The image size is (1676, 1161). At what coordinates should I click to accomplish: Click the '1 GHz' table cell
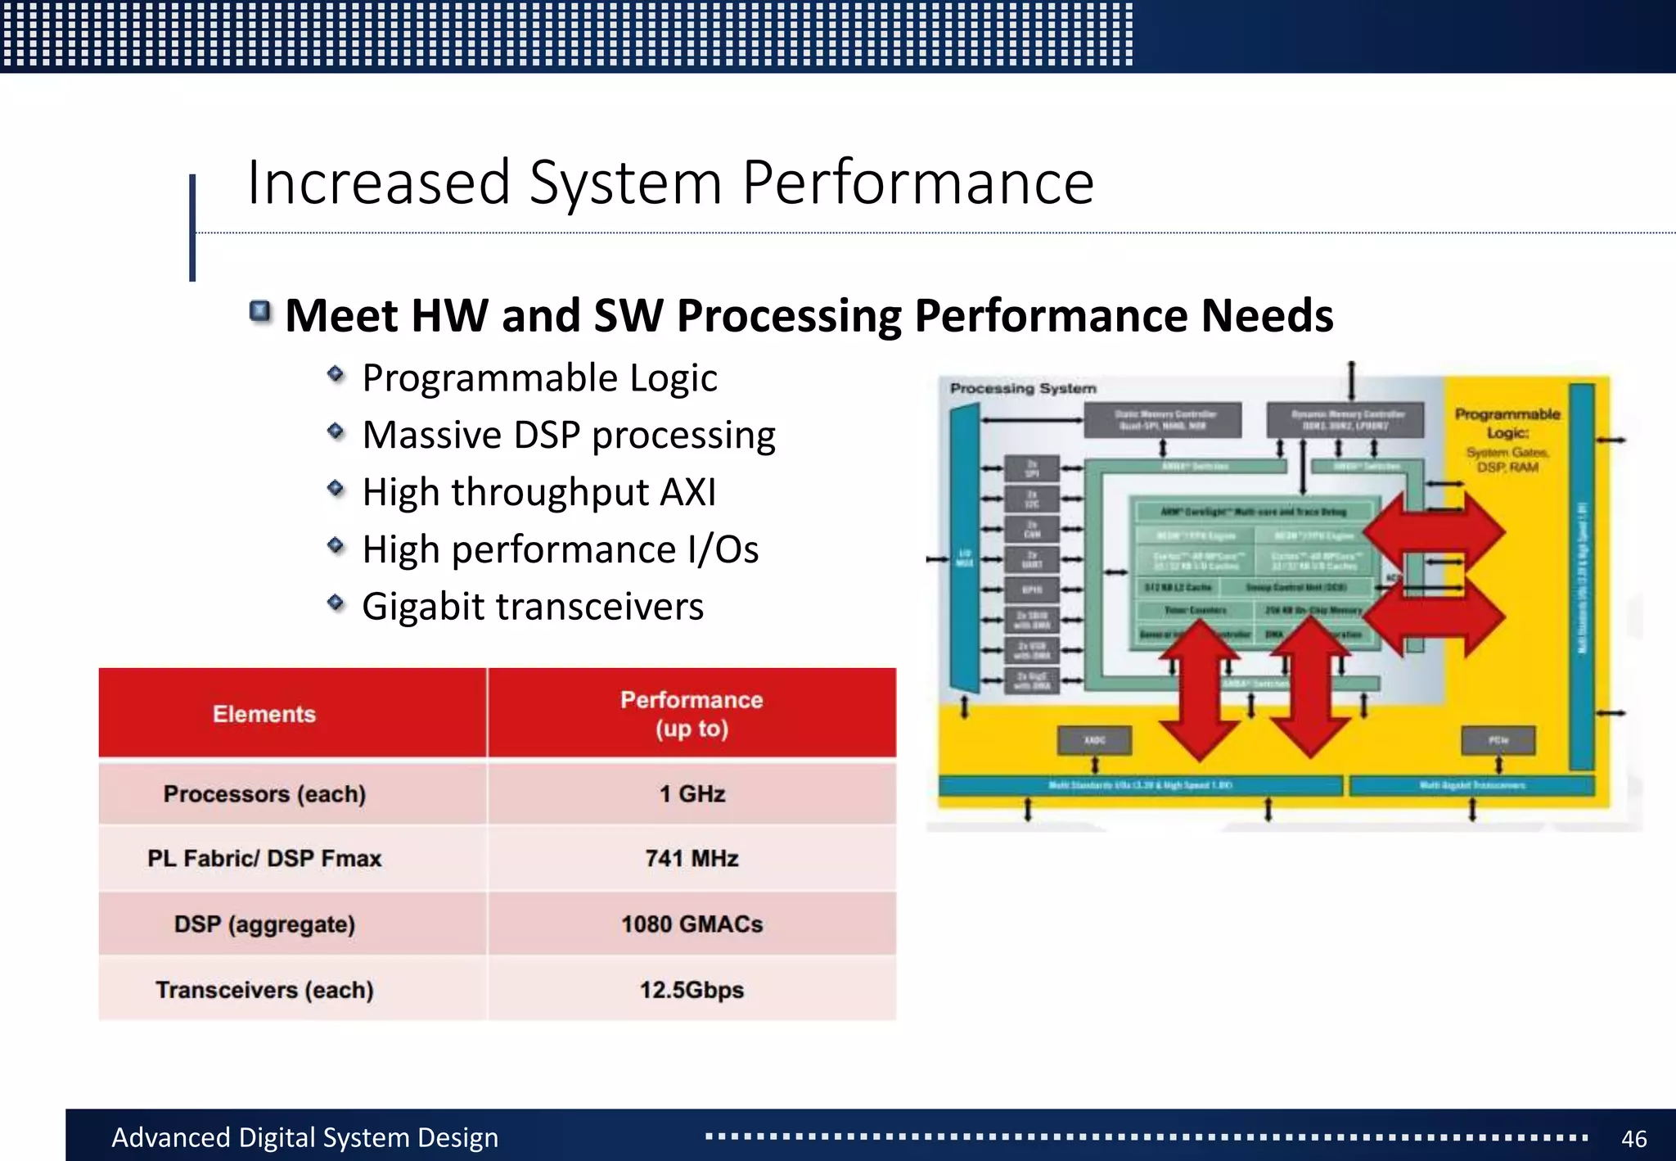tap(692, 793)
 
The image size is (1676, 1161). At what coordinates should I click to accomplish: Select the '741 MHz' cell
tap(692, 858)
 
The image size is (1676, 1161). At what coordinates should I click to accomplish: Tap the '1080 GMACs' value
tap(692, 924)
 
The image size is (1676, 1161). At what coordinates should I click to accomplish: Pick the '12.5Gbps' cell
tap(692, 989)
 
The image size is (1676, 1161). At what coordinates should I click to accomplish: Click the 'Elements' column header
tap(264, 713)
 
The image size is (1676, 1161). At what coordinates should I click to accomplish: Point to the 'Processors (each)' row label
tap(264, 793)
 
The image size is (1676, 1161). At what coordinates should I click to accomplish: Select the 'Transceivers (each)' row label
tap(264, 989)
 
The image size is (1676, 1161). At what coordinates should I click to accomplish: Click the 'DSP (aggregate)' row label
tap(264, 924)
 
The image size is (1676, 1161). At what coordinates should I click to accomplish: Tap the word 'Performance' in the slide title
tap(917, 183)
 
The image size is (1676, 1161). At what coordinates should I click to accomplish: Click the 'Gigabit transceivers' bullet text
tap(532, 607)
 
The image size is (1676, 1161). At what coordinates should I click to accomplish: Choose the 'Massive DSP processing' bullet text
tap(568, 435)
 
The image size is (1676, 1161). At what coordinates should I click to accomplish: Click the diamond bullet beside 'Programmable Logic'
tap(336, 374)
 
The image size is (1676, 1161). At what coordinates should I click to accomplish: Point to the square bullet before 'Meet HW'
tap(260, 311)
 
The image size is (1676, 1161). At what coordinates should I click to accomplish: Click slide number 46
tap(1633, 1138)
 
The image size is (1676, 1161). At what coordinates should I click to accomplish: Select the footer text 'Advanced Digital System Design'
tap(304, 1137)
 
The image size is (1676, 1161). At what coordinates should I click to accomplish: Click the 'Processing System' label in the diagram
tap(1023, 388)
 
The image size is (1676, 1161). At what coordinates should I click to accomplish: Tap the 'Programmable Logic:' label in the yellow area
tap(1507, 422)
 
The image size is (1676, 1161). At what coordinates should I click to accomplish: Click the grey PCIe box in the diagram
tap(1498, 740)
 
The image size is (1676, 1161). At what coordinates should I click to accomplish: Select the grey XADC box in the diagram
tap(1095, 740)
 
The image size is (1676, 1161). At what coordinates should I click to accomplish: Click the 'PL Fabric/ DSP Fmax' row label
tap(264, 858)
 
